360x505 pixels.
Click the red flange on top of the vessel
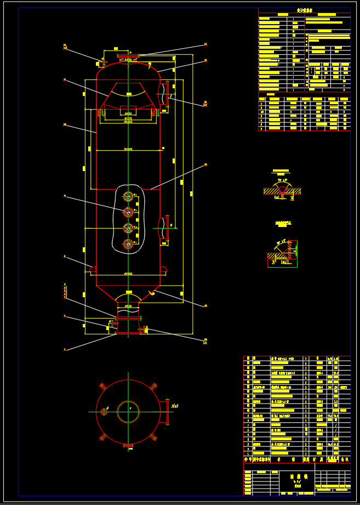128,55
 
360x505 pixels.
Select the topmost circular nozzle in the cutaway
128,196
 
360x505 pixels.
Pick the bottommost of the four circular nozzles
128,243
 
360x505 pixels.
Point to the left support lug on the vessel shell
93,269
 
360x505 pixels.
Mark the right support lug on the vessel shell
163,269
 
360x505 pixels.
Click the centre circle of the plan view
128,412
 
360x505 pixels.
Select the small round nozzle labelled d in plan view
104,412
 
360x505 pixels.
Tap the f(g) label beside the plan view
175,406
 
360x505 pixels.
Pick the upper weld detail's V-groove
282,190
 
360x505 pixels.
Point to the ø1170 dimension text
128,118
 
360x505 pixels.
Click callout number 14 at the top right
205,44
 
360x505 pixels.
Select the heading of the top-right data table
304,10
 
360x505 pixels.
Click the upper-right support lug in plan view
153,386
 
